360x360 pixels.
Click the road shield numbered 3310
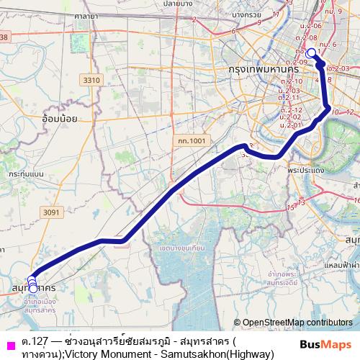[x=91, y=80]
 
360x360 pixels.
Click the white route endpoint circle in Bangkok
[x=311, y=53]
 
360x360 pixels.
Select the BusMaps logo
[x=326, y=343]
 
